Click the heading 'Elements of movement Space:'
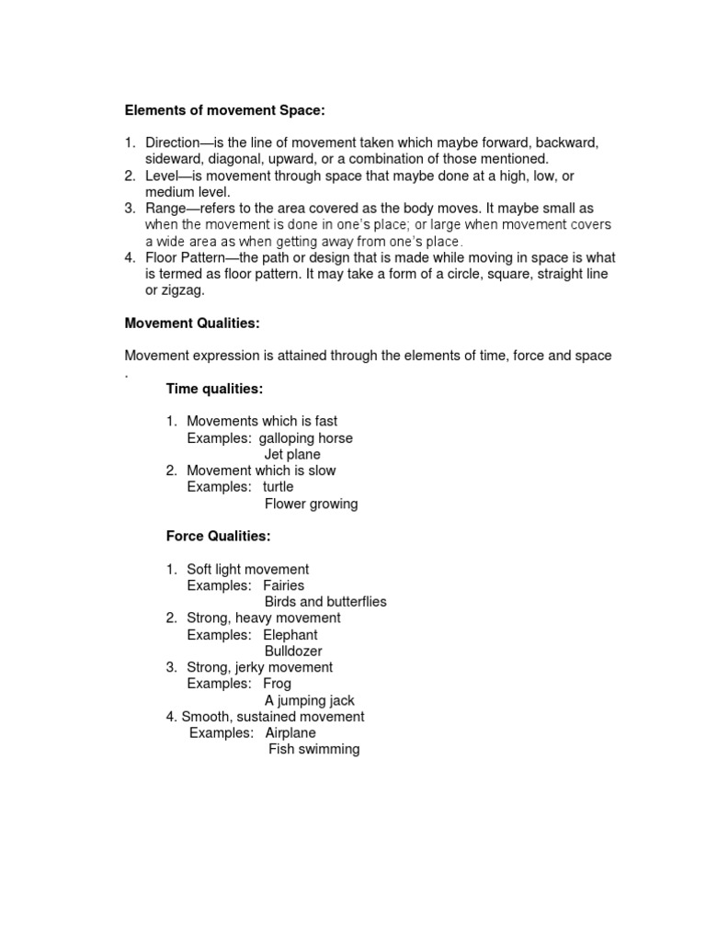[225, 111]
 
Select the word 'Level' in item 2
[163, 176]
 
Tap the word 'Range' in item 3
[166, 209]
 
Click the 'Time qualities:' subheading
[214, 389]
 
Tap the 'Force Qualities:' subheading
[218, 536]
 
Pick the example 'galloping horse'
[305, 438]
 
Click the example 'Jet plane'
[292, 455]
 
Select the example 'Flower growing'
[311, 504]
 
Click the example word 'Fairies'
[283, 585]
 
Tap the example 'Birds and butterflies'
[325, 602]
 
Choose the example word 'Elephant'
[290, 635]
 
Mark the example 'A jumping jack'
[309, 700]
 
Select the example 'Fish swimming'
[313, 750]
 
